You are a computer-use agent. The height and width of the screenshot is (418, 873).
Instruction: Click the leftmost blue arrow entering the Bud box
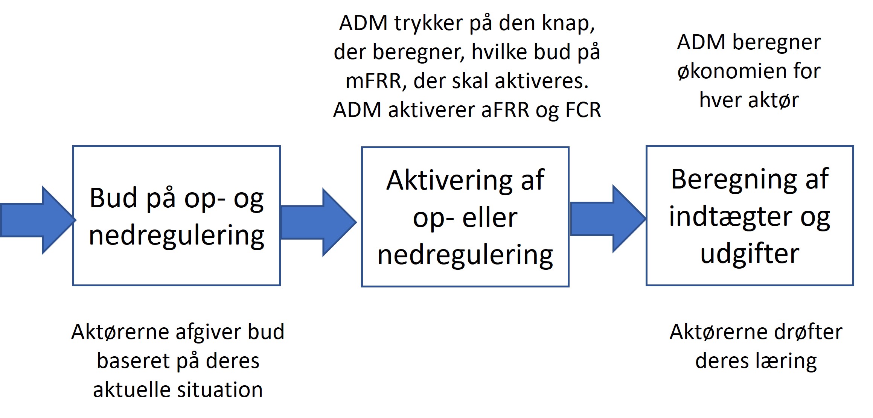[38, 220]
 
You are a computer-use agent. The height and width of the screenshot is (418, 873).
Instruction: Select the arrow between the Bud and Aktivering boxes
[318, 222]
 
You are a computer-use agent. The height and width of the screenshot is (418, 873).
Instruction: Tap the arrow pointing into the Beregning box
[608, 219]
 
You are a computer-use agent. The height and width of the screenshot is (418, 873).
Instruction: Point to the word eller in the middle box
[490, 218]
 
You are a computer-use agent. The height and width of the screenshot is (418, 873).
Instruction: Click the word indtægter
[729, 217]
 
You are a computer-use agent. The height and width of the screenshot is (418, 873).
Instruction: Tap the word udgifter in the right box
[750, 254]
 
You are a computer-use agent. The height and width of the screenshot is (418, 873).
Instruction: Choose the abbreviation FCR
[583, 110]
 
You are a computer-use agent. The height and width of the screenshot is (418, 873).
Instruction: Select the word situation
[220, 390]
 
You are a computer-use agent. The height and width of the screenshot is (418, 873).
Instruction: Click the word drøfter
[808, 332]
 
